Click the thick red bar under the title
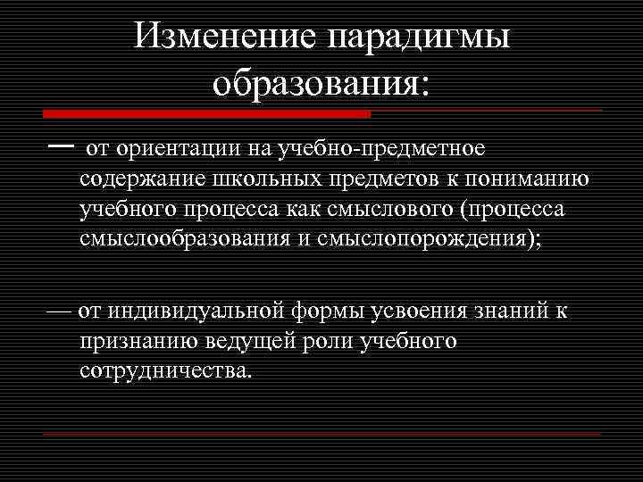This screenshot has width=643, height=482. click(206, 113)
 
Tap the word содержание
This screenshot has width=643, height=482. click(138, 179)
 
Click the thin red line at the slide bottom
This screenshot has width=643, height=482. click(321, 434)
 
